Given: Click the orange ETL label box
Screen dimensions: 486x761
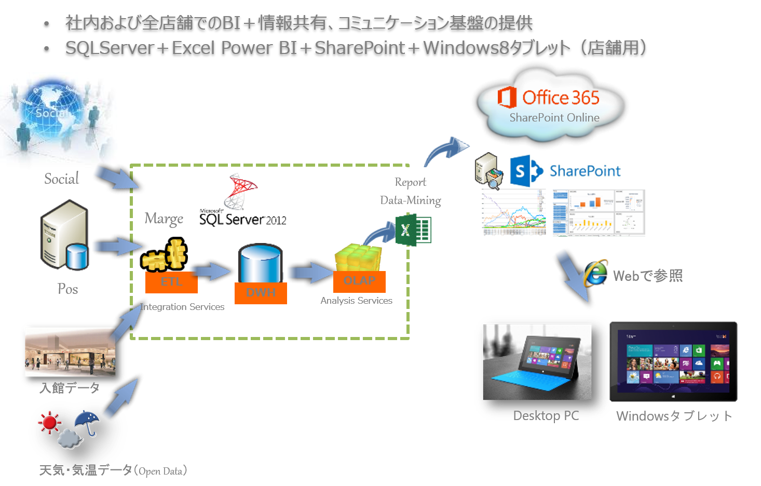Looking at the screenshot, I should click(x=171, y=282).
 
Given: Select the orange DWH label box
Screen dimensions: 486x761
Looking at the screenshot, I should click(x=261, y=293).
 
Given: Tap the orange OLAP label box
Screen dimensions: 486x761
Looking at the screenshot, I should click(x=359, y=281).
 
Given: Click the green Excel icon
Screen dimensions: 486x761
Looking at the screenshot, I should click(x=413, y=230).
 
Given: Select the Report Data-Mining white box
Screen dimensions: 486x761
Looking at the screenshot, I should click(x=410, y=190).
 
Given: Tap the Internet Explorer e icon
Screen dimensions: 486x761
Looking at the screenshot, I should click(x=595, y=273).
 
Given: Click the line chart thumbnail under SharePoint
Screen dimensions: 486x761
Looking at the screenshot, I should click(x=513, y=213).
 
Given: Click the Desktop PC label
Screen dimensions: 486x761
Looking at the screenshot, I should click(x=546, y=415).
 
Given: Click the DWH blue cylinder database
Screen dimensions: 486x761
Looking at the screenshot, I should click(x=260, y=264).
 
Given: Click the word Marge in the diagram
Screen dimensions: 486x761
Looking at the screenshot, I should click(x=164, y=219).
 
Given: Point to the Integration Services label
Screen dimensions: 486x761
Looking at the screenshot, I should click(x=183, y=307).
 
